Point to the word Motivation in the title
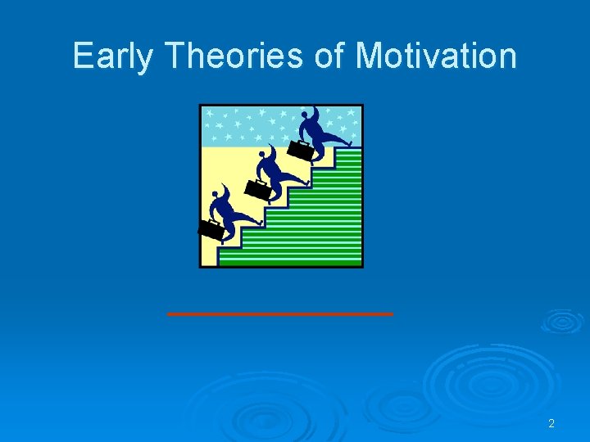click(x=436, y=56)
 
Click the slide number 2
click(x=551, y=423)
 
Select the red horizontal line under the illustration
click(x=280, y=313)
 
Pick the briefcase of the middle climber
click(x=257, y=189)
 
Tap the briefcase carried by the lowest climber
click(x=211, y=229)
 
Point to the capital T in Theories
click(x=175, y=56)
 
